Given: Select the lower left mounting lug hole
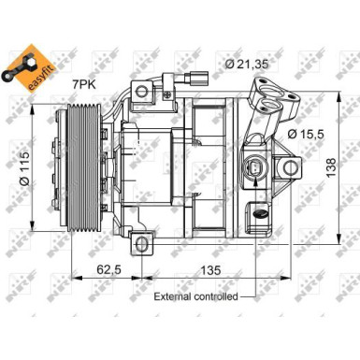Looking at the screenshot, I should point(142,244).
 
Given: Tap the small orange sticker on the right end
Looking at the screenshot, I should point(261,212).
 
